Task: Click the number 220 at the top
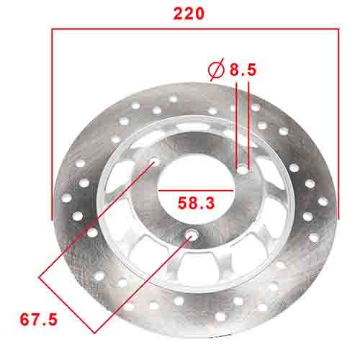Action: (189, 14)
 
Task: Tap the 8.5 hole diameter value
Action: (243, 70)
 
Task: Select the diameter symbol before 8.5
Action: (215, 70)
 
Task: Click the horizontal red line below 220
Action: (194, 30)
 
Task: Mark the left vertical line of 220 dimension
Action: (52, 122)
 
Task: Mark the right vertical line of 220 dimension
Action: (338, 122)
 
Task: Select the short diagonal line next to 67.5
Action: (66, 302)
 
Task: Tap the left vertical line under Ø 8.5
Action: (237, 122)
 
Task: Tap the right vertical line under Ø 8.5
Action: (249, 122)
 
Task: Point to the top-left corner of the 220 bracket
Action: (52, 30)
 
